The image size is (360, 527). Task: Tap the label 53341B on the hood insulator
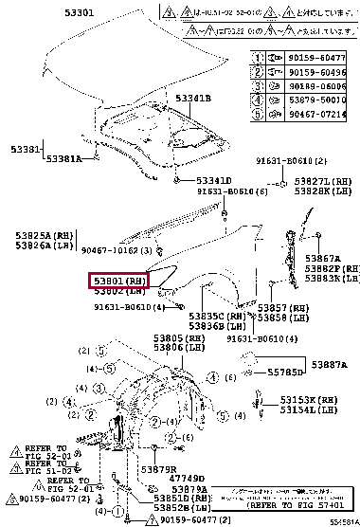(192, 99)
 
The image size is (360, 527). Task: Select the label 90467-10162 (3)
(117, 250)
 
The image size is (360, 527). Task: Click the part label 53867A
(322, 259)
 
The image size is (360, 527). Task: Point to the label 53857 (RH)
(288, 309)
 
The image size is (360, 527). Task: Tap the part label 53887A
(329, 365)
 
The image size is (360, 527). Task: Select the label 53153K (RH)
(308, 401)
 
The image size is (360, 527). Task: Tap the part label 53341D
(213, 180)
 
